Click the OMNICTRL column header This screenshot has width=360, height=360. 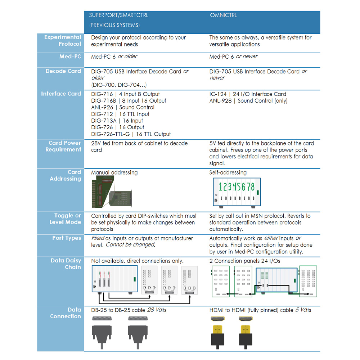click(223, 15)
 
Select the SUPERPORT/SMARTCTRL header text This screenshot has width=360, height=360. click(118, 15)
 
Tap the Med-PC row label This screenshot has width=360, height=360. click(70, 57)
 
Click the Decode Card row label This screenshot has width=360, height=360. click(63, 71)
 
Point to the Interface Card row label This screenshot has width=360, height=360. click(61, 94)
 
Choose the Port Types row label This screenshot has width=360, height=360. click(67, 238)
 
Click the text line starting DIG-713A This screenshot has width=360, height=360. click(117, 121)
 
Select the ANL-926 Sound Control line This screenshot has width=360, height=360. click(123, 107)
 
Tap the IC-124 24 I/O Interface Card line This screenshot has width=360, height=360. click(248, 94)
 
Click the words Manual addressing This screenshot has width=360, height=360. click(114, 172)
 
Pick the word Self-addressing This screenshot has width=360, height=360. click(228, 172)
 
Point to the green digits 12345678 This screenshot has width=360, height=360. click(237, 187)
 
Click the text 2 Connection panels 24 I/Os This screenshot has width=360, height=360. click(244, 261)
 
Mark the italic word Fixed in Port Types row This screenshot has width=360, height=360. click(97, 238)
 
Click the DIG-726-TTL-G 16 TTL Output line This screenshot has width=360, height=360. click(131, 134)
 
